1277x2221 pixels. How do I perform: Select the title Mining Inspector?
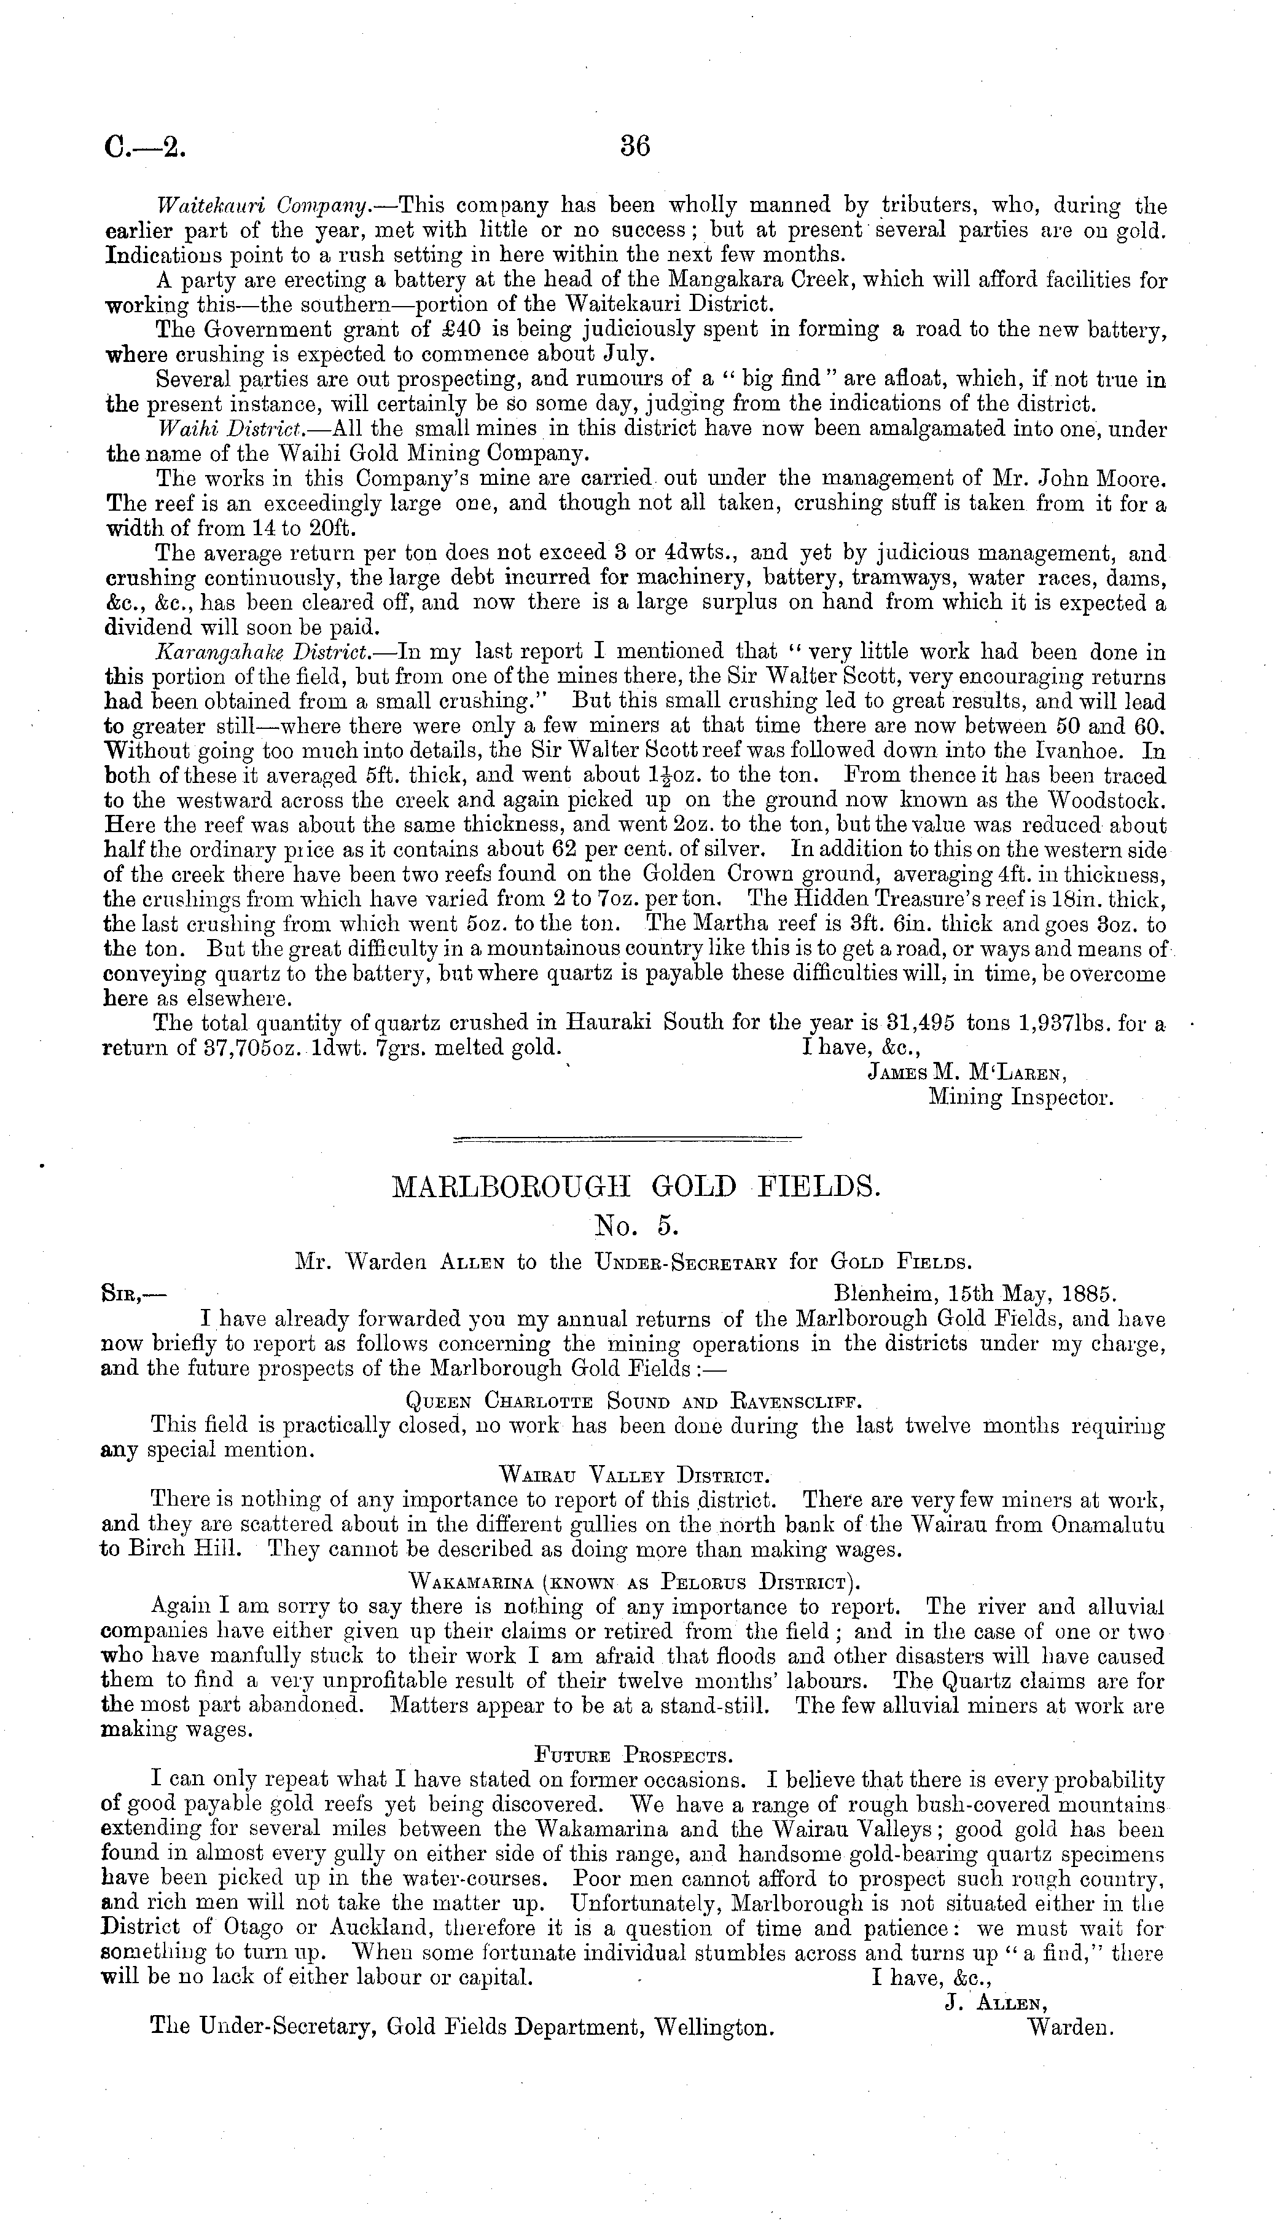point(1021,1097)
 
